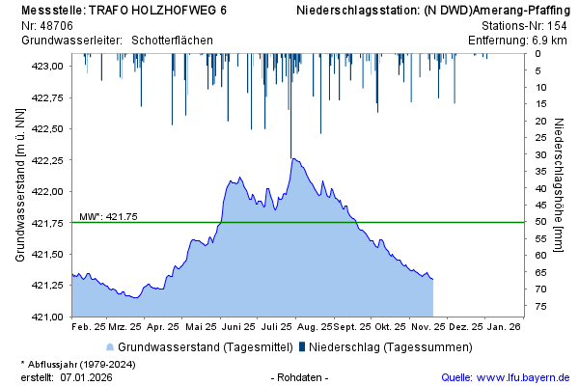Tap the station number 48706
(x=63, y=24)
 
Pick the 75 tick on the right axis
(x=542, y=306)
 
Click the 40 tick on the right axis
(x=542, y=188)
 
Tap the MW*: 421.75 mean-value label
(x=108, y=216)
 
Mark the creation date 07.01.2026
(x=86, y=376)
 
